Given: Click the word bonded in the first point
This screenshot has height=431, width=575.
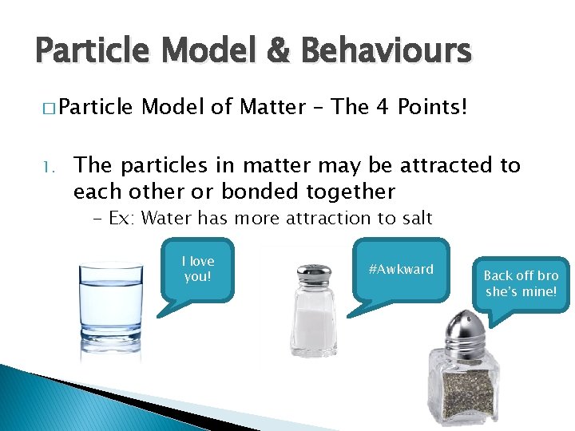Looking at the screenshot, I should (266, 192).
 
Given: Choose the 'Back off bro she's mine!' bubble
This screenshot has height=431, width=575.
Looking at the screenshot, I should (521, 284).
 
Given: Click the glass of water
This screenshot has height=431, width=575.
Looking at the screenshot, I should (112, 307).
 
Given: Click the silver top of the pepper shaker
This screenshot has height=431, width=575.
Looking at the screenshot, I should (462, 326).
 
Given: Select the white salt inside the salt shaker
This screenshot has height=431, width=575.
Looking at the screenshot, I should (312, 327).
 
